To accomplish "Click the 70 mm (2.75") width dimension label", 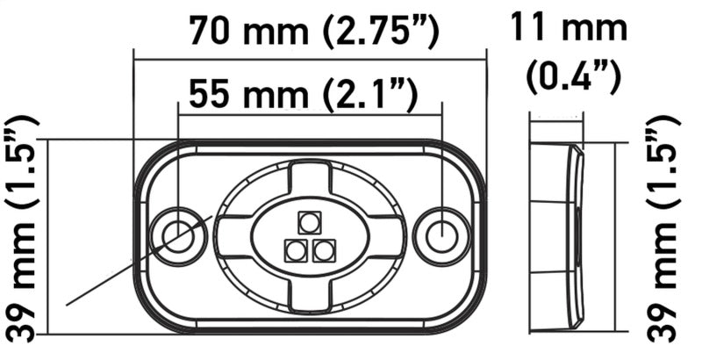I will coord(313,32).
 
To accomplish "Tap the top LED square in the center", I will coord(309,221).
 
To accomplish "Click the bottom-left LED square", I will coord(295,251).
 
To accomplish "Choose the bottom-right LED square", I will coord(324,251).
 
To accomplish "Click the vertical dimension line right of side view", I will coord(614,237).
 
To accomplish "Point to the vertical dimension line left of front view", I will coord(50,237).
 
